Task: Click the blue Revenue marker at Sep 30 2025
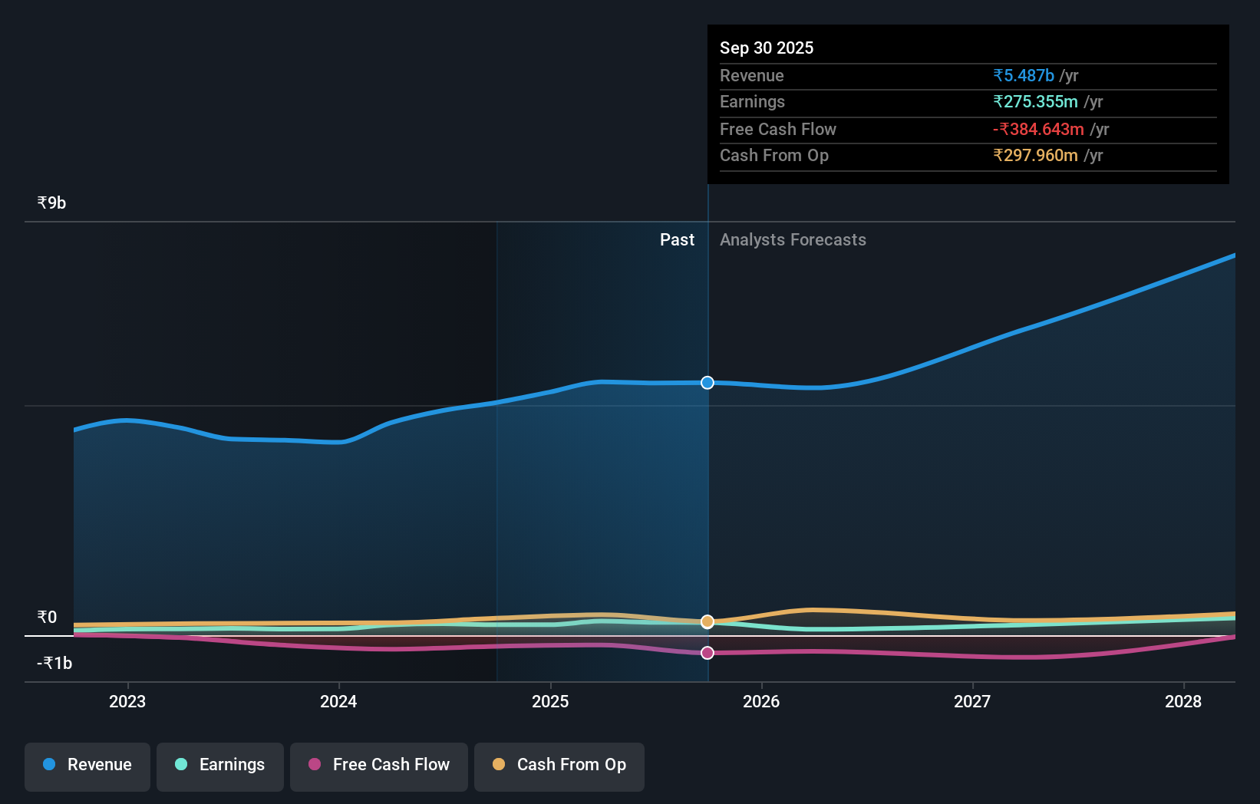(708, 382)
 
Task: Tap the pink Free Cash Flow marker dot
(708, 653)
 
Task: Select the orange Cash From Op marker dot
(708, 621)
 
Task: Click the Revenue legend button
(87, 765)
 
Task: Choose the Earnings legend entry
(220, 765)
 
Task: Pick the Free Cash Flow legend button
(379, 765)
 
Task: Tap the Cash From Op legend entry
(559, 765)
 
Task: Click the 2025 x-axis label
(550, 701)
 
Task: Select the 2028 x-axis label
(1183, 701)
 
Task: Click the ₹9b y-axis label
(51, 203)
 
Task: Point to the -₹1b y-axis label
(54, 664)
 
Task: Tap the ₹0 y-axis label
(47, 618)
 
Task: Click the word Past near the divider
(677, 240)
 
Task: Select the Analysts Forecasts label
(793, 240)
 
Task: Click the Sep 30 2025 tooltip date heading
(767, 48)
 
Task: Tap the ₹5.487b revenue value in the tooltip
(1024, 76)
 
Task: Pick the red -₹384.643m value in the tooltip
(1038, 130)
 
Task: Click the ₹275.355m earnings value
(1035, 102)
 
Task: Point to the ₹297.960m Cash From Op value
(1035, 156)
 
